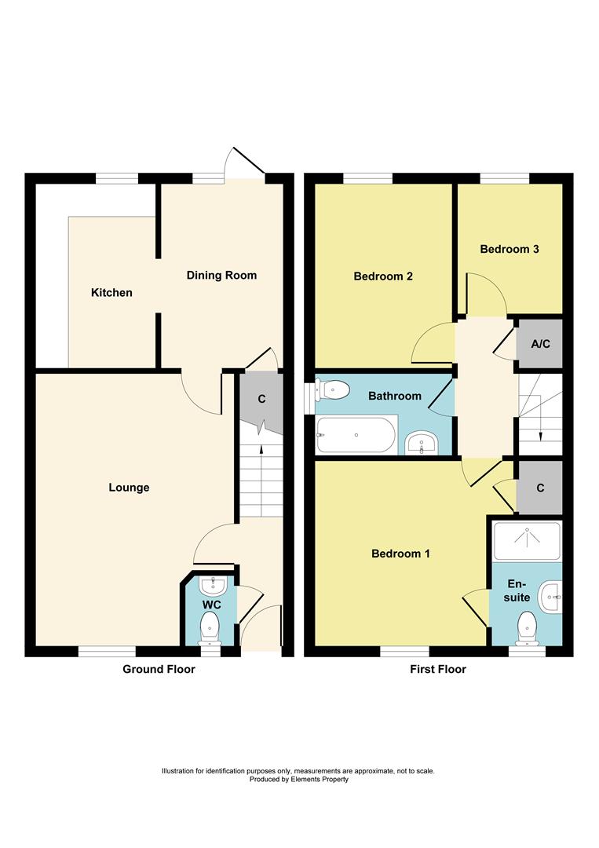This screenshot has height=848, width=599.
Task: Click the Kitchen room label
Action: click(111, 293)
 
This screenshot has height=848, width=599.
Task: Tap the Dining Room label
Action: click(221, 276)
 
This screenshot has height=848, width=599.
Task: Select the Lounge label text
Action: click(129, 488)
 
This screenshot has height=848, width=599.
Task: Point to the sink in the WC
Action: click(212, 586)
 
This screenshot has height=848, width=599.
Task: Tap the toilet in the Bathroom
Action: click(331, 387)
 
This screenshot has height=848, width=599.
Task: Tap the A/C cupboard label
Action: click(539, 344)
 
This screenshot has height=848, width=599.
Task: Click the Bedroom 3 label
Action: click(510, 249)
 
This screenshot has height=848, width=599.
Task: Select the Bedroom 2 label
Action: click(383, 276)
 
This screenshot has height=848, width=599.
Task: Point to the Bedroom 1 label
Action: click(400, 554)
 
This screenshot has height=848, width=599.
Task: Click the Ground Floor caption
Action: click(159, 669)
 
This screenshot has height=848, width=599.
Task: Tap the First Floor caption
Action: click(438, 669)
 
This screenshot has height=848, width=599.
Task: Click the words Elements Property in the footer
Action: click(317, 780)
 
